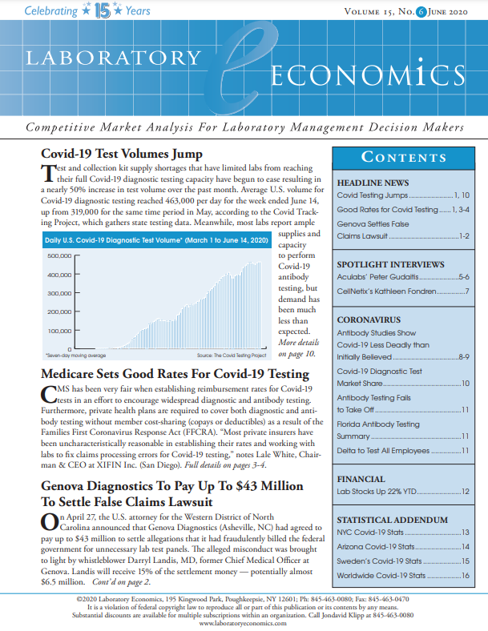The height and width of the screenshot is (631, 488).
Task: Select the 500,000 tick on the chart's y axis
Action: [x=60, y=256]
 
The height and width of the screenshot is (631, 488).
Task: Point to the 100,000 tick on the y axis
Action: [x=60, y=330]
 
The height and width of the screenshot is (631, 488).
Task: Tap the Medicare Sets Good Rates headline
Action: [x=174, y=374]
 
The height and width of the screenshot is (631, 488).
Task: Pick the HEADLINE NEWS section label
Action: [x=373, y=183]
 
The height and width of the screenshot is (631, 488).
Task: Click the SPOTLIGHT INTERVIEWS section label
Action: [x=390, y=263]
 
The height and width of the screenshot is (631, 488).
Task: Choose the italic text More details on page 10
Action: [x=296, y=348]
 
